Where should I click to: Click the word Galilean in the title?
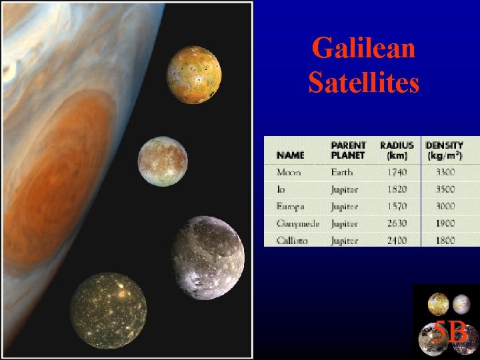pyautogui.click(x=363, y=48)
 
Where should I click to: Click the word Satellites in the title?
pyautogui.click(x=363, y=83)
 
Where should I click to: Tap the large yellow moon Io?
pyautogui.click(x=194, y=75)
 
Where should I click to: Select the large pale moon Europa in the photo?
pyautogui.click(x=163, y=162)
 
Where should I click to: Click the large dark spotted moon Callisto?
pyautogui.click(x=108, y=311)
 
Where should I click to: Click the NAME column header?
pyautogui.click(x=290, y=155)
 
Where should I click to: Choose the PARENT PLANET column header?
pyautogui.click(x=348, y=150)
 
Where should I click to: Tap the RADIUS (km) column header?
pyautogui.click(x=397, y=150)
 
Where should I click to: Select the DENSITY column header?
pyautogui.click(x=443, y=150)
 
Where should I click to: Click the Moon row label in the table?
pyautogui.click(x=289, y=173)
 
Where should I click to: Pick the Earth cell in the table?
pyautogui.click(x=342, y=173)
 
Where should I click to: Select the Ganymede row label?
pyautogui.click(x=297, y=224)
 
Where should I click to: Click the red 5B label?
pyautogui.click(x=450, y=331)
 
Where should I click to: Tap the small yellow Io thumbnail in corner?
pyautogui.click(x=438, y=304)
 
